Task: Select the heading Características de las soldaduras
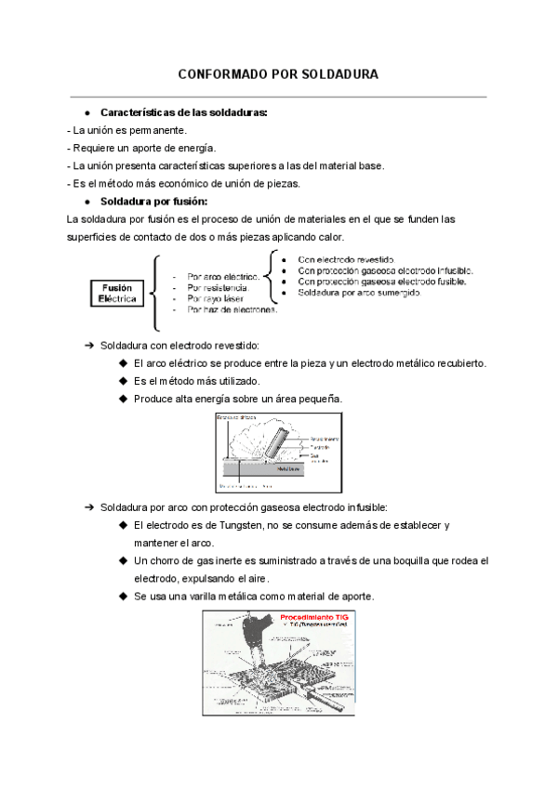click(x=183, y=112)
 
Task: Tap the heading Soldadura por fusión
click(x=153, y=201)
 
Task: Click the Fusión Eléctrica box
click(x=118, y=294)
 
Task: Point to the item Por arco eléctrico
click(x=222, y=276)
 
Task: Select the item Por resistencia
click(x=218, y=287)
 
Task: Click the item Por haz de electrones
click(x=232, y=310)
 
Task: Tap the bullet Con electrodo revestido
click(x=346, y=259)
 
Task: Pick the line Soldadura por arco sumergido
click(x=359, y=293)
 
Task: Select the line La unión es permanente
click(x=127, y=130)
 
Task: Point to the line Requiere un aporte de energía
click(x=141, y=148)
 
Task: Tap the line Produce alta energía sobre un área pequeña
click(x=238, y=399)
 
